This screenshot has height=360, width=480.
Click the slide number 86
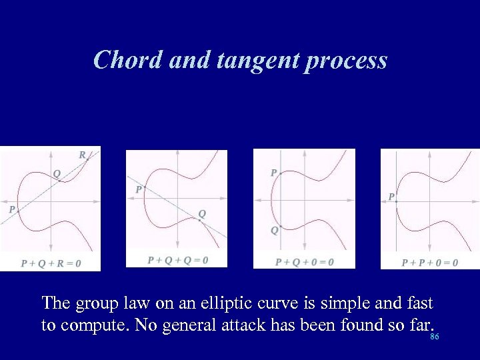435,337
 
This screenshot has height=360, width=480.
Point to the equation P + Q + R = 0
51,263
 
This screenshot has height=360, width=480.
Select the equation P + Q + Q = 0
177,260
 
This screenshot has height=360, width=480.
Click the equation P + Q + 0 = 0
305,262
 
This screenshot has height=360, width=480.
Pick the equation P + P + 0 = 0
430,263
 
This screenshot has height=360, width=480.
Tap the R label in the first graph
83,155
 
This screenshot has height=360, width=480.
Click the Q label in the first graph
57,173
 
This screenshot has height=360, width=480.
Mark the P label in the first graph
11,209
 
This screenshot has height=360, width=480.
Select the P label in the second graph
139,189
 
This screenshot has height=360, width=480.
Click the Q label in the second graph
202,213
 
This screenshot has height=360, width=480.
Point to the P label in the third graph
273,173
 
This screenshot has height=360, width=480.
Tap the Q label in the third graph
274,231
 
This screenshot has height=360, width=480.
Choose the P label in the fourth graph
392,197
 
